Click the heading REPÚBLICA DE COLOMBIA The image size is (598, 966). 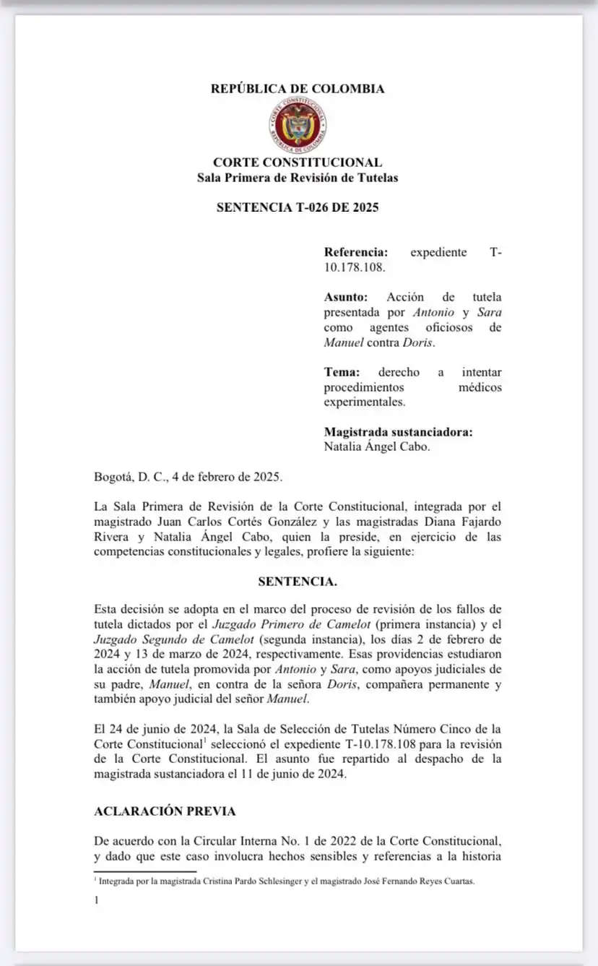pos(298,89)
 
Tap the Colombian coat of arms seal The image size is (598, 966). pos(298,124)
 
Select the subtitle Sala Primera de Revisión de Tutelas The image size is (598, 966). pos(298,178)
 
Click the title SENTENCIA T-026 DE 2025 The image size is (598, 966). pos(298,207)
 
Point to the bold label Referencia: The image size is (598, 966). pos(356,253)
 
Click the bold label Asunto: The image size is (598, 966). pos(346,297)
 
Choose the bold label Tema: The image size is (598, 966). pos(342,372)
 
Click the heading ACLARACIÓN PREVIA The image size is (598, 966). pos(165,811)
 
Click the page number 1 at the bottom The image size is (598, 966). pos(96,900)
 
